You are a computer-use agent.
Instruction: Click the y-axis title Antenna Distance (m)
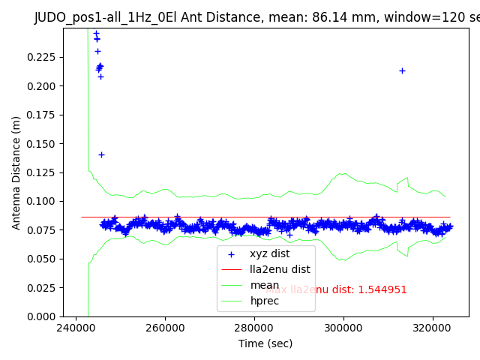coord(16,172)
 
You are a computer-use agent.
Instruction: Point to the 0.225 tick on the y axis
coord(43,57)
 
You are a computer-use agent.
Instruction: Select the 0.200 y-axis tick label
coord(43,86)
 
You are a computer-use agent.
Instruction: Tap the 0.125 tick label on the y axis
coord(43,172)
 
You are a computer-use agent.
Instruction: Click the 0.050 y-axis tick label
coord(43,259)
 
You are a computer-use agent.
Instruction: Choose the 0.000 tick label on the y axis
coord(43,316)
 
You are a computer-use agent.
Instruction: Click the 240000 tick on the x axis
coord(76,328)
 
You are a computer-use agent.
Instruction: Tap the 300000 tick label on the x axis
coord(343,328)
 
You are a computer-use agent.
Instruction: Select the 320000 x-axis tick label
coord(433,328)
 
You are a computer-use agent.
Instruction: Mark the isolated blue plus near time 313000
coord(402,70)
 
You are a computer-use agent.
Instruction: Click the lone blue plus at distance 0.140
coord(101,154)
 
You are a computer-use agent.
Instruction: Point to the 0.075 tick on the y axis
coord(43,230)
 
